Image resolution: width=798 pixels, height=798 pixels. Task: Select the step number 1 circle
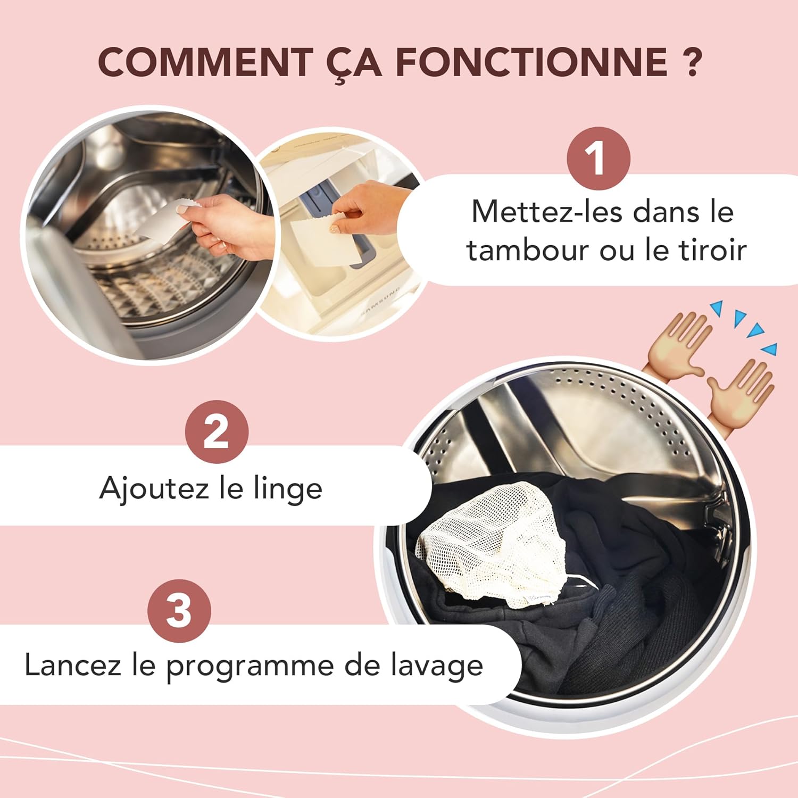pos(598,158)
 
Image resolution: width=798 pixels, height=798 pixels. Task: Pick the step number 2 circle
pos(217,431)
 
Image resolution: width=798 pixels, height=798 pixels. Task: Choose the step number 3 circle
pos(179,610)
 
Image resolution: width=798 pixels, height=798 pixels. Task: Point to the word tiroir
pos(713,250)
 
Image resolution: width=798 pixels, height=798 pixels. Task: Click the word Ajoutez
pos(154,488)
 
